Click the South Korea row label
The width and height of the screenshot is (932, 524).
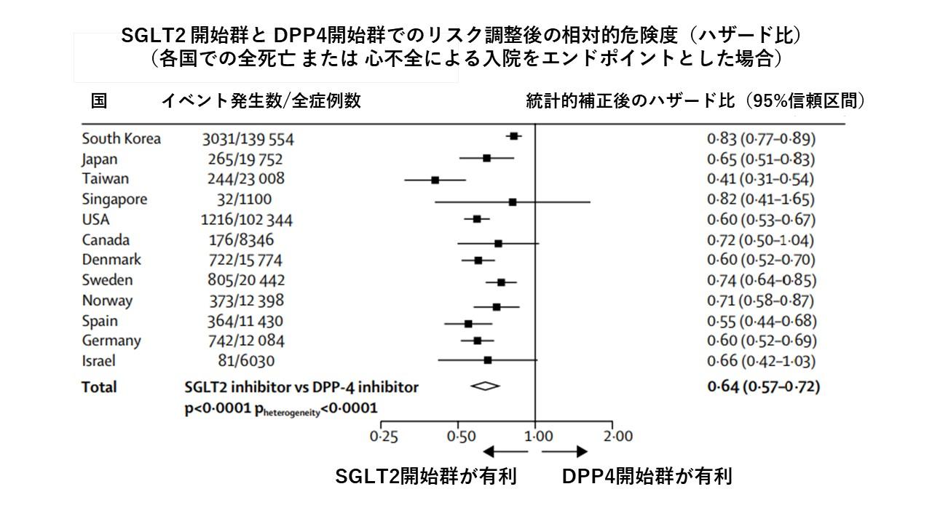point(122,139)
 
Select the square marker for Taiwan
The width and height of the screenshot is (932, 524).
point(435,179)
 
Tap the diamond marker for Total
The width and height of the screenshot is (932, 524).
point(485,386)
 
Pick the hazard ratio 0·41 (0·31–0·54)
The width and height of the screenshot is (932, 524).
point(761,179)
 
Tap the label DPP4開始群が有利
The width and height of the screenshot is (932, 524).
point(647,477)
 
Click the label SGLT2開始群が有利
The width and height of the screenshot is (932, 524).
point(426,477)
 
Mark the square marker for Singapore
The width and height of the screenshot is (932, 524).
point(513,202)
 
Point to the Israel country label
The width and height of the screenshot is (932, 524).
point(98,361)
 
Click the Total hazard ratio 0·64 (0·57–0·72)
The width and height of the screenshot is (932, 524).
point(763,386)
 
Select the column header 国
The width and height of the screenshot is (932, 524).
point(98,101)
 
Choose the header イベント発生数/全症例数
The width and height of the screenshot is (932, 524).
point(261,101)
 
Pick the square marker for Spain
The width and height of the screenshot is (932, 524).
point(468,323)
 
